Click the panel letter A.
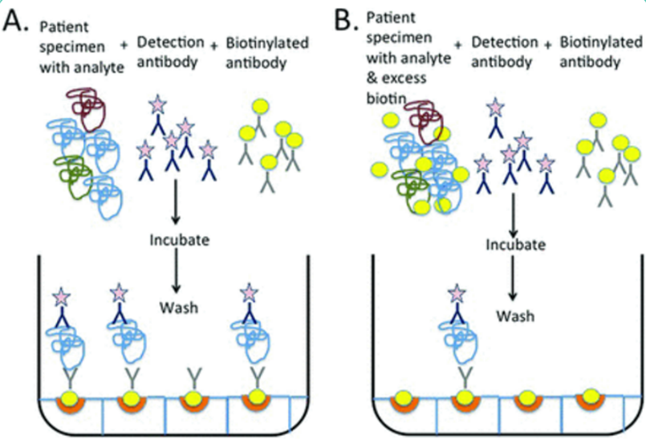tap(18, 21)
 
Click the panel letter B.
tap(346, 21)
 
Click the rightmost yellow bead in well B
tap(592, 394)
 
